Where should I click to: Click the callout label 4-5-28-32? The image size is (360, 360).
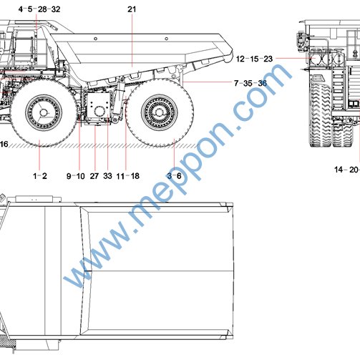point(39,9)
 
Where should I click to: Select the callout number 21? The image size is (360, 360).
point(132,9)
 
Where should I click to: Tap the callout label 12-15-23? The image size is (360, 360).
point(254,59)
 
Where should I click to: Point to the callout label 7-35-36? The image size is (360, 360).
point(250,83)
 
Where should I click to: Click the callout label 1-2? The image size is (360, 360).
point(40,176)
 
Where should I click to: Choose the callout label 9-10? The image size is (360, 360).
point(76,176)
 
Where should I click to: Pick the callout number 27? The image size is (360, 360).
point(94,176)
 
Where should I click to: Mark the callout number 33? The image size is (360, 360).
point(107,176)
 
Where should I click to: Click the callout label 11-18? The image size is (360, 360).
point(128,176)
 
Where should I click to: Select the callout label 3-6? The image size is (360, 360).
point(174,176)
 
